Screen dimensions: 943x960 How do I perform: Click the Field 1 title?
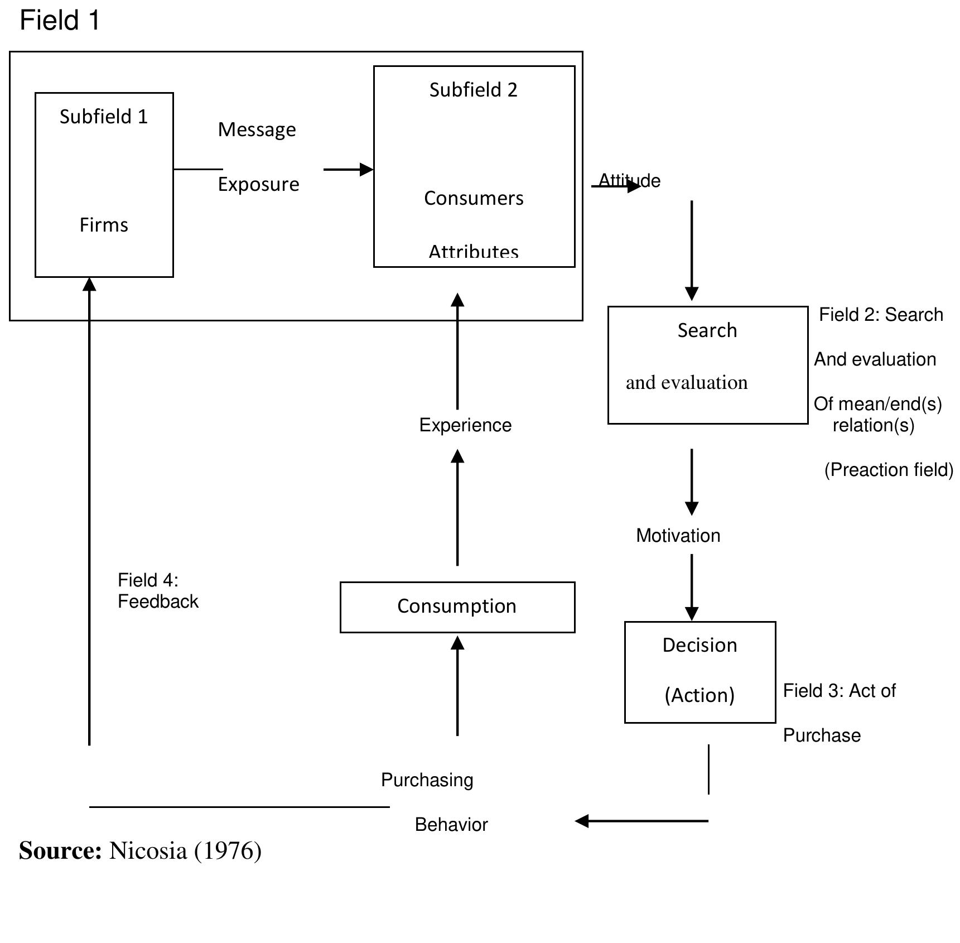click(x=60, y=21)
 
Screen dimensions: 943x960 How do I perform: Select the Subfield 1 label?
click(x=104, y=117)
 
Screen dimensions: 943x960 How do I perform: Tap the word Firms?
click(x=104, y=225)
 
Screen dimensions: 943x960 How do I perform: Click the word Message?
click(x=257, y=129)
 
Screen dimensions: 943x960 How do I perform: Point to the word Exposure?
click(x=258, y=184)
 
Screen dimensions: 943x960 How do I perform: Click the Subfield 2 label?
click(x=473, y=90)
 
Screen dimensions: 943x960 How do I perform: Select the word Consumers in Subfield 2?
click(x=474, y=198)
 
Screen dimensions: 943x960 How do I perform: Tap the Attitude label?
click(x=629, y=181)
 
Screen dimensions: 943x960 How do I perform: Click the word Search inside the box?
click(x=707, y=330)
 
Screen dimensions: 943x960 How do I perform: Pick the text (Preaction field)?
click(x=888, y=470)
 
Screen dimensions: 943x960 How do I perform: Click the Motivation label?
click(x=678, y=536)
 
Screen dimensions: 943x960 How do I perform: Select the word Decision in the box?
click(x=700, y=645)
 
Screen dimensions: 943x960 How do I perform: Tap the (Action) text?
click(x=700, y=695)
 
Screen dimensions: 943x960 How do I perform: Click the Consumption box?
click(x=457, y=607)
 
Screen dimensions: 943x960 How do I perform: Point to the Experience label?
click(x=465, y=425)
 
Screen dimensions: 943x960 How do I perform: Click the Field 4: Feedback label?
click(x=157, y=591)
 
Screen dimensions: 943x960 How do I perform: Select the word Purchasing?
click(x=427, y=780)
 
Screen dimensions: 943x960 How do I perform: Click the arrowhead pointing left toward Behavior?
click(x=582, y=821)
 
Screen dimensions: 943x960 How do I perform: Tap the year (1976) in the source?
click(x=228, y=851)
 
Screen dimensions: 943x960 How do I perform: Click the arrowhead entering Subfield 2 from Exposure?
click(x=366, y=169)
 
